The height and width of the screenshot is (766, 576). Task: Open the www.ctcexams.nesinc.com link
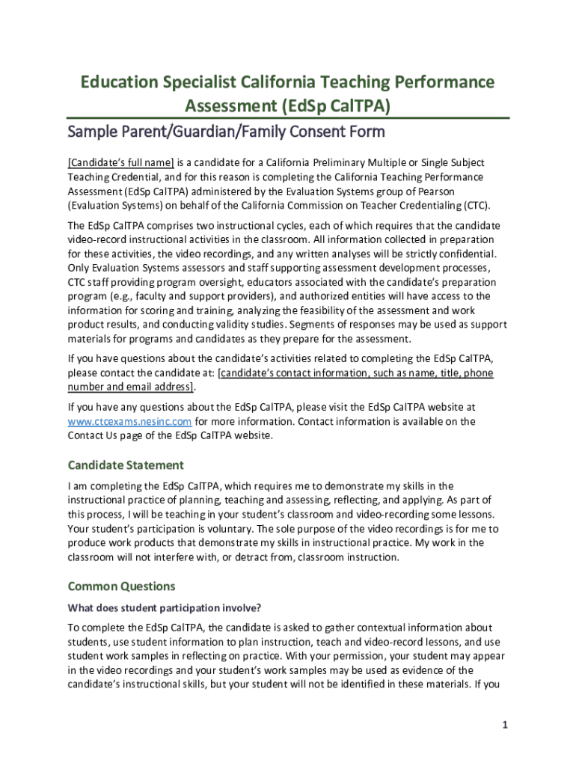click(130, 421)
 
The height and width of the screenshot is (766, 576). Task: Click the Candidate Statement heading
click(126, 465)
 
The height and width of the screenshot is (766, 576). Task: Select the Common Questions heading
click(122, 586)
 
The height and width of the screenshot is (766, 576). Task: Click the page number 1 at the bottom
click(506, 725)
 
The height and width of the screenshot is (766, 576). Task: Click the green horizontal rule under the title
click(288, 118)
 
